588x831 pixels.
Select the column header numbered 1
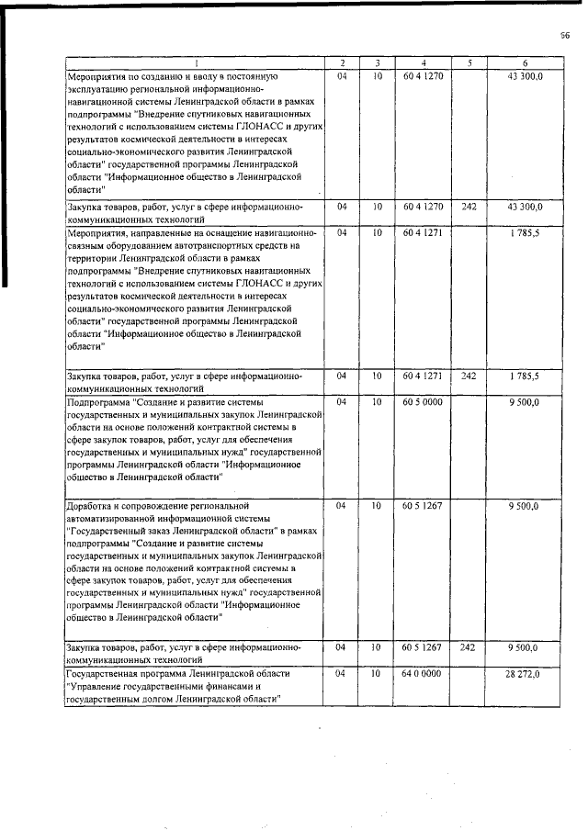click(194, 62)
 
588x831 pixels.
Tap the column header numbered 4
click(423, 62)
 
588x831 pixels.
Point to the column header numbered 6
click(525, 62)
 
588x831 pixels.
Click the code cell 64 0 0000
click(423, 674)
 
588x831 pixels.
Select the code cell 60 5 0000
click(423, 402)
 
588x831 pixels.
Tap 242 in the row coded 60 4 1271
click(469, 376)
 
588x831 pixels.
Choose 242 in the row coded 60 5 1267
click(469, 648)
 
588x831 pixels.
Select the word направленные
click(166, 234)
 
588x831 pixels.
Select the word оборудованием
click(141, 247)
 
